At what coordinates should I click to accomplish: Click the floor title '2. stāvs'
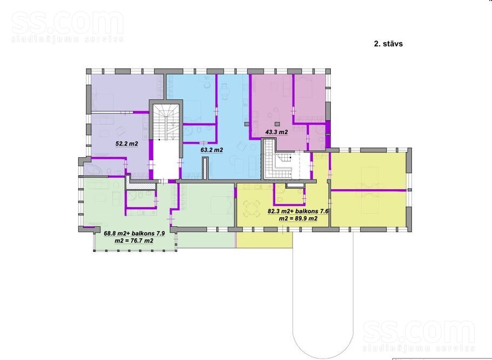(x=388, y=44)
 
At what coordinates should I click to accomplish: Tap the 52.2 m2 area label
(x=127, y=144)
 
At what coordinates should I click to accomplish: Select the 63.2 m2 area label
(x=211, y=150)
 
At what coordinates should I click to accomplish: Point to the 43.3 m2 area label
(x=276, y=132)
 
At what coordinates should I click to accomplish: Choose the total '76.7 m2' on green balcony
(x=141, y=241)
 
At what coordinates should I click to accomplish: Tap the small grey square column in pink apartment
(x=276, y=124)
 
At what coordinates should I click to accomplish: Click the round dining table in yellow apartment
(x=251, y=209)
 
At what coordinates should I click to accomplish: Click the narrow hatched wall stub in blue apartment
(x=205, y=169)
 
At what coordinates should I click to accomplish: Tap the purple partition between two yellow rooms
(x=369, y=190)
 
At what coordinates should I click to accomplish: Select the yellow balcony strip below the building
(x=264, y=240)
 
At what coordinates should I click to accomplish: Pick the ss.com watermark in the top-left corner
(x=68, y=27)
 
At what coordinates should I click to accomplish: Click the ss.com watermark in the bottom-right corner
(x=418, y=335)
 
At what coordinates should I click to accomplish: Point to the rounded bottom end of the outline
(x=323, y=358)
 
